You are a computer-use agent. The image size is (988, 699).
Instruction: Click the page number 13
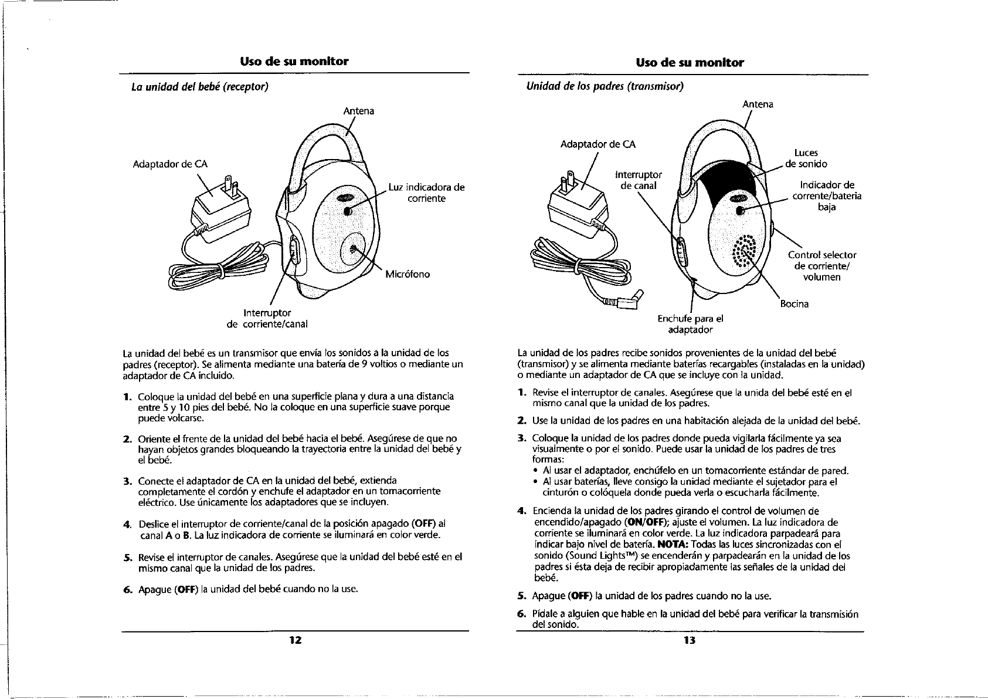click(x=689, y=640)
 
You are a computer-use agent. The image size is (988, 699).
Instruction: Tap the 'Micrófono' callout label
click(x=408, y=274)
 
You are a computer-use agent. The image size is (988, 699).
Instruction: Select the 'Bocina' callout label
click(x=795, y=304)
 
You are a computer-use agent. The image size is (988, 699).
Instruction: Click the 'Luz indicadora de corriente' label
click(x=426, y=193)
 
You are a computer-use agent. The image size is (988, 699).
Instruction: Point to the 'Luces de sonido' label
click(x=806, y=158)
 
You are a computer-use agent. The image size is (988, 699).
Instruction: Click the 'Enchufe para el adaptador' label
click(x=690, y=324)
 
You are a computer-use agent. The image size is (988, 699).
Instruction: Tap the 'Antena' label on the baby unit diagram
click(x=358, y=111)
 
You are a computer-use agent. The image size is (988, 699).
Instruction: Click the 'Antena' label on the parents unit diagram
click(x=758, y=104)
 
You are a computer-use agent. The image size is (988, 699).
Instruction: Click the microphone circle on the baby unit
click(x=354, y=249)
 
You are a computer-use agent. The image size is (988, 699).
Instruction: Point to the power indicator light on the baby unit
click(x=347, y=211)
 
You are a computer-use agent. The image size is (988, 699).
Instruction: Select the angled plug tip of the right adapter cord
click(x=632, y=299)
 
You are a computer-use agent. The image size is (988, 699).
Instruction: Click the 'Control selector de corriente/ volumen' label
click(x=822, y=266)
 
